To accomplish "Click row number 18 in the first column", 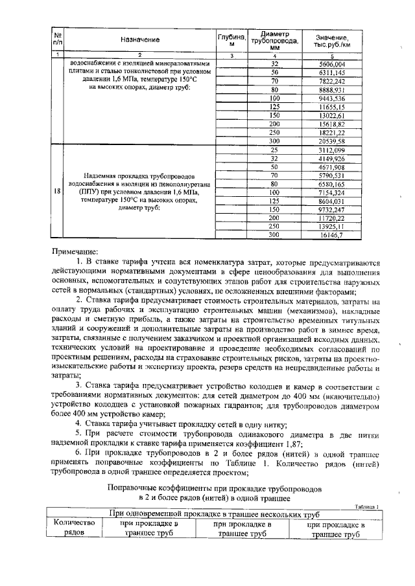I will [58, 192].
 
